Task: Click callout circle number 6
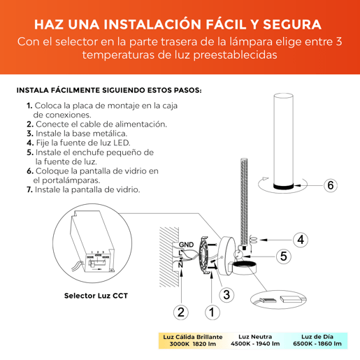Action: pyautogui.click(x=331, y=185)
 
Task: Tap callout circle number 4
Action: pyautogui.click(x=301, y=240)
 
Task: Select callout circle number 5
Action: pyautogui.click(x=283, y=257)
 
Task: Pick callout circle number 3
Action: pyautogui.click(x=226, y=294)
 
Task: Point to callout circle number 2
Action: pyautogui.click(x=181, y=312)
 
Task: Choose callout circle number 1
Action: pyautogui.click(x=213, y=312)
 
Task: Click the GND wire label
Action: pyautogui.click(x=186, y=245)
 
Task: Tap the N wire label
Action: pyautogui.click(x=180, y=265)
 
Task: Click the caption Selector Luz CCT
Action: pyautogui.click(x=96, y=296)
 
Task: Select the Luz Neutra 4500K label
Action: pyautogui.click(x=255, y=340)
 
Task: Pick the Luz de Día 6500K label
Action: pyautogui.click(x=317, y=340)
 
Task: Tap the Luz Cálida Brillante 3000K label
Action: pyautogui.click(x=193, y=340)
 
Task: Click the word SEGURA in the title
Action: pyautogui.click(x=292, y=24)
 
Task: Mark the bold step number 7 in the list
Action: pyautogui.click(x=29, y=190)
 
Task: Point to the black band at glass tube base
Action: pyautogui.click(x=283, y=186)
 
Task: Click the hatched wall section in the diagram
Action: pyautogui.click(x=169, y=257)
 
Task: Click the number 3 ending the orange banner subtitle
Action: pyautogui.click(x=339, y=42)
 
